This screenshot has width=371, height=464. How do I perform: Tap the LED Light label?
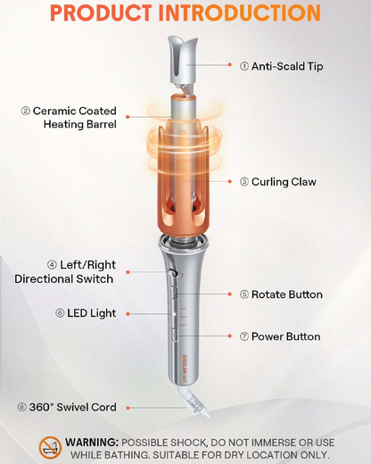point(82,313)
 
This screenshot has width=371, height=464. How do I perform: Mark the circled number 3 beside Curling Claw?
point(244,182)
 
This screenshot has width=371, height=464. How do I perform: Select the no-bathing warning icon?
point(50,447)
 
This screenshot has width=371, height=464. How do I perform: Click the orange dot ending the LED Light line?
point(128,313)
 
